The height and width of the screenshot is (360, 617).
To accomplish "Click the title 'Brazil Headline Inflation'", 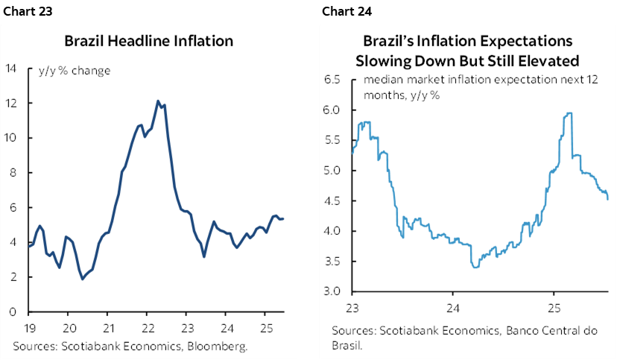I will coord(148,41).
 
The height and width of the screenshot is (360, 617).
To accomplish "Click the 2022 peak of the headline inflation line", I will coord(158,101).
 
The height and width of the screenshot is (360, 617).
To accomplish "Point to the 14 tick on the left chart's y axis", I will coord(11,69).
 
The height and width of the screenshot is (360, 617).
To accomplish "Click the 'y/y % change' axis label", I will coord(75,72).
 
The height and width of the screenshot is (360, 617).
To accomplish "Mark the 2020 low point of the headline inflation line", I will coord(82,279).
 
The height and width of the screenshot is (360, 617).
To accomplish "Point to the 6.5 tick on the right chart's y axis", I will coord(332,79).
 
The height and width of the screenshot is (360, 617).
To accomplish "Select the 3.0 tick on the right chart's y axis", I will coord(332,291).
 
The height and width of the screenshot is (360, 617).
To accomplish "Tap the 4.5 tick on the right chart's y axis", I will coord(332,200).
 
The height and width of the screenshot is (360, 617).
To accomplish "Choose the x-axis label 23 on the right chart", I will coord(352,306).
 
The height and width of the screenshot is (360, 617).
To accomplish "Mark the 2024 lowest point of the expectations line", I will coord(475,267).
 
